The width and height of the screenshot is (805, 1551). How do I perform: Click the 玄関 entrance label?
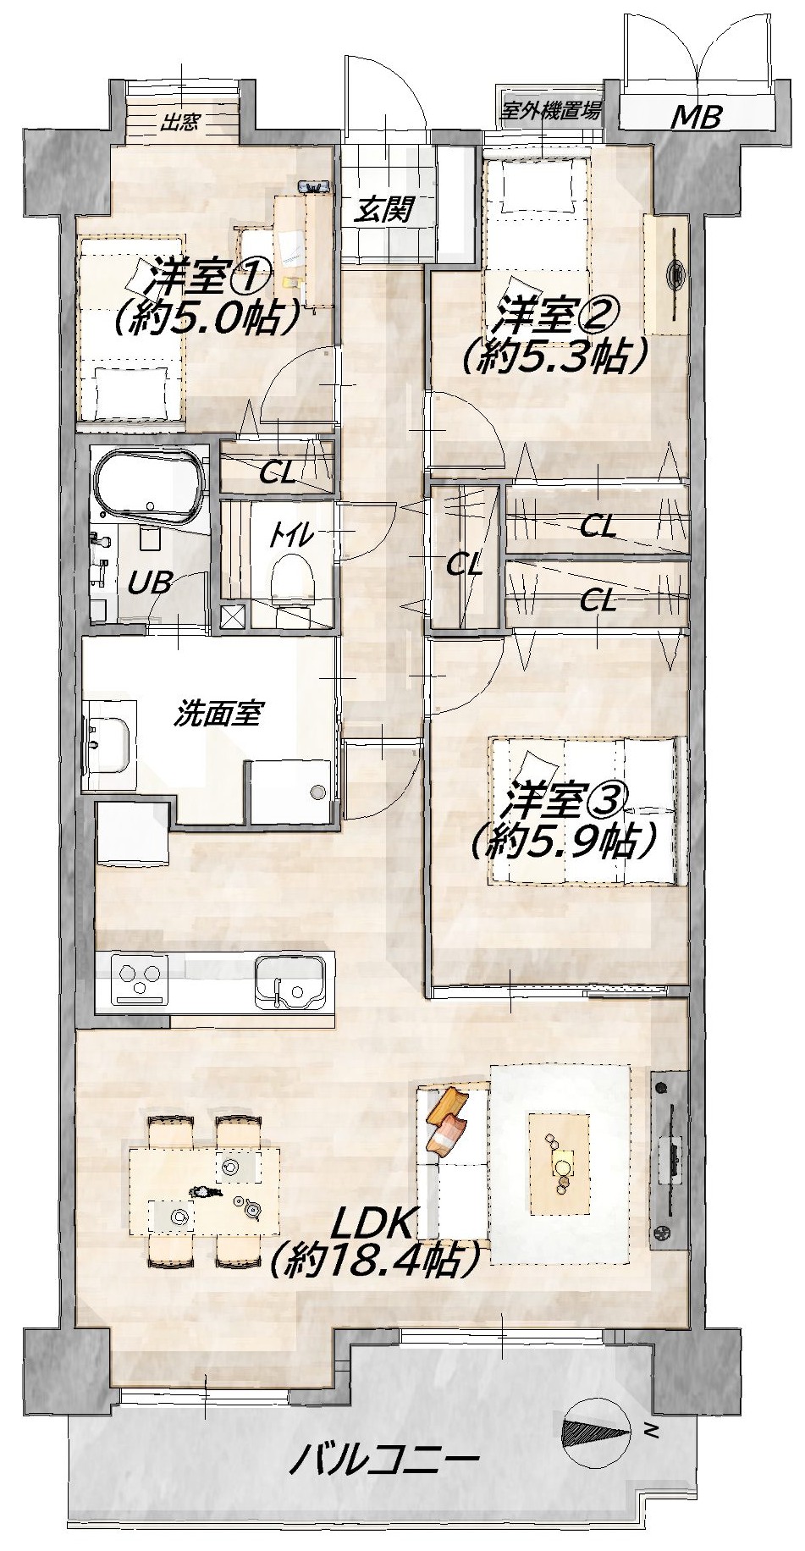[384, 210]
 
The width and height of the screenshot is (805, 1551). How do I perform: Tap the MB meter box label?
[696, 116]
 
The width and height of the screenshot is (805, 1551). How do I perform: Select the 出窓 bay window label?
[180, 121]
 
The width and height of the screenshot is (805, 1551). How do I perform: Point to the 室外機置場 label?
[552, 110]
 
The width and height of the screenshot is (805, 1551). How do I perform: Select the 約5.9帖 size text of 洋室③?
[565, 839]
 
